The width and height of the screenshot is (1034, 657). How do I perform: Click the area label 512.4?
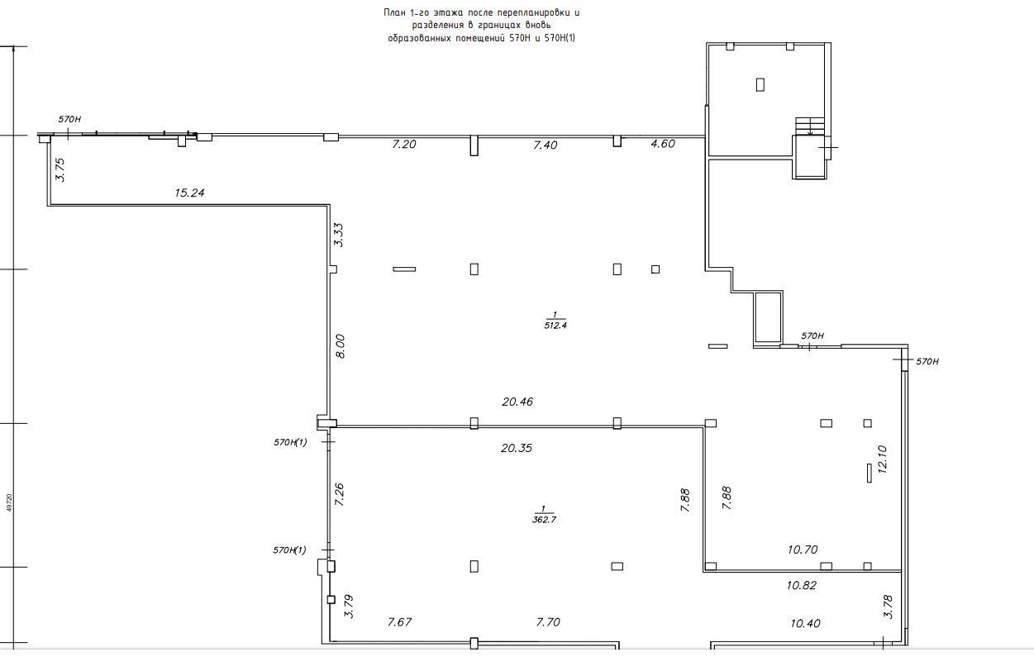coord(555,326)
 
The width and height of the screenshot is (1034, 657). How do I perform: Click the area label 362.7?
coord(544,520)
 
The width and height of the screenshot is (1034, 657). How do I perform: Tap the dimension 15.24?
coord(189,193)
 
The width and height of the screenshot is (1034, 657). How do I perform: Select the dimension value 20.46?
coord(517,402)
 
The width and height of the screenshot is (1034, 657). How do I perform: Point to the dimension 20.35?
coord(517,448)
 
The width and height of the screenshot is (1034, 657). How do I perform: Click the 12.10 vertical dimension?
coord(882,459)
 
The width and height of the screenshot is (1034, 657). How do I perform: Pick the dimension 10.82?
coord(802,585)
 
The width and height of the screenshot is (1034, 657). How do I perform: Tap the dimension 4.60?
coord(663,144)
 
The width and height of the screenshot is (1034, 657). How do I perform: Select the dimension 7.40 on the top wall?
coord(546,145)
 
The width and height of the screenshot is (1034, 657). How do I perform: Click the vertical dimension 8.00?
coord(340,346)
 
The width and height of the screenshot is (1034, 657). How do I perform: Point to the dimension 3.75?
coord(60,170)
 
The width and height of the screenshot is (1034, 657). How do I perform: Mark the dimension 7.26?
coord(339,494)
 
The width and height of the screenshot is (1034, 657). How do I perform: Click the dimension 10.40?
coord(804,624)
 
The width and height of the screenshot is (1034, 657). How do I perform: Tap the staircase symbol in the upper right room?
coord(809,126)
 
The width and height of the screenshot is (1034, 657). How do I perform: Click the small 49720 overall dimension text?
coord(10,503)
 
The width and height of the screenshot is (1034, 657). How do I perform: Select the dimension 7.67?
coord(399,622)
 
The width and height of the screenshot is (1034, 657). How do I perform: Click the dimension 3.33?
coord(339,236)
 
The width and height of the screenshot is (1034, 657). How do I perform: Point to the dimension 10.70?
coord(803,550)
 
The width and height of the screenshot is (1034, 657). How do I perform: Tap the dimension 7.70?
coord(548,622)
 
